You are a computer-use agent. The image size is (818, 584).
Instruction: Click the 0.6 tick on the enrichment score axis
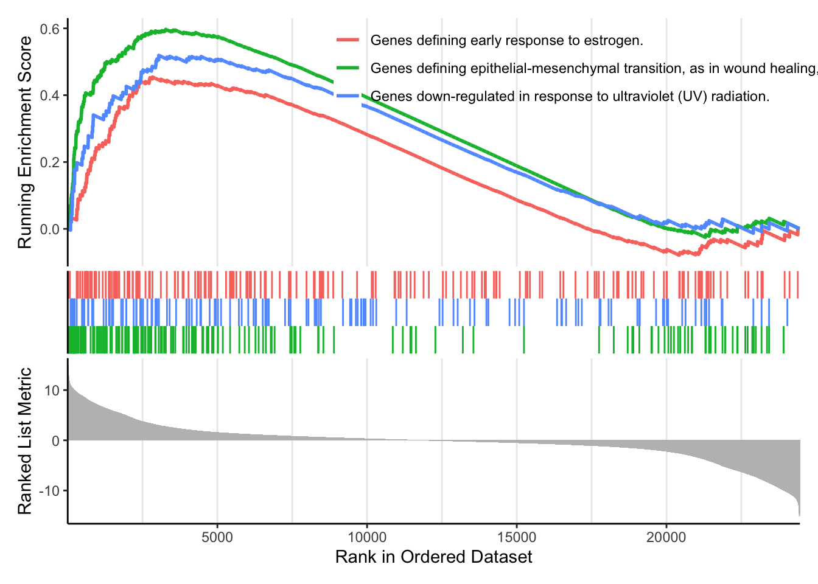pos(51,29)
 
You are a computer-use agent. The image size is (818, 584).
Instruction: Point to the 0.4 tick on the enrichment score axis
pos(51,96)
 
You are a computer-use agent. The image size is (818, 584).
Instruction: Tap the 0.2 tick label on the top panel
pos(51,162)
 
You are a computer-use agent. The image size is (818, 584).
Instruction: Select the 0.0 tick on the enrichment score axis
pos(51,229)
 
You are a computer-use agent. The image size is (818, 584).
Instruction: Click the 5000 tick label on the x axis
pos(217,537)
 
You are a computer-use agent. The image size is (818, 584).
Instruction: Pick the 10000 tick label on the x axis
pos(367,537)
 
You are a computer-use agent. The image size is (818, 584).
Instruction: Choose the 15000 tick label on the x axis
pos(517,537)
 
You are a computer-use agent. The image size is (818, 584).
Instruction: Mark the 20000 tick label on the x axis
pos(666,537)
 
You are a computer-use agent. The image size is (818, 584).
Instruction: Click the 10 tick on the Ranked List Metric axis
pos(52,391)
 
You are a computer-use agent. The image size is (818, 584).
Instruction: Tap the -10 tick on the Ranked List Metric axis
pos(50,491)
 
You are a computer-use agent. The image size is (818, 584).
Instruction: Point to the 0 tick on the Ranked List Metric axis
pos(56,440)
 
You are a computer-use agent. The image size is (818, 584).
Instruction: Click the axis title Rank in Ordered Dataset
pos(433,557)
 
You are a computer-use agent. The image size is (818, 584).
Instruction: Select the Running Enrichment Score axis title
pos(25,142)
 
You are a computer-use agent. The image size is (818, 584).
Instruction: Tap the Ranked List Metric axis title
pos(25,440)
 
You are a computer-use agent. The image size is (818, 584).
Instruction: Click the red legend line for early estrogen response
pos(348,40)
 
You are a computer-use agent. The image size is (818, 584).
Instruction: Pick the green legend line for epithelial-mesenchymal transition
pos(348,68)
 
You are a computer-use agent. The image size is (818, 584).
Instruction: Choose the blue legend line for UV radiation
pos(348,96)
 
